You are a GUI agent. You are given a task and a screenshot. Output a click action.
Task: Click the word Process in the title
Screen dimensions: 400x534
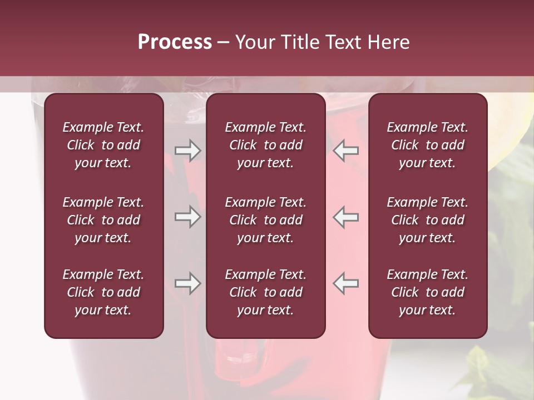[175, 42]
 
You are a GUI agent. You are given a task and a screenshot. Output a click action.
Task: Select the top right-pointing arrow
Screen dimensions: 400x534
[188, 150]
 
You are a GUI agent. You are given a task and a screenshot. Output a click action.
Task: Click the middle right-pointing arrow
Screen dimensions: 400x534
[188, 217]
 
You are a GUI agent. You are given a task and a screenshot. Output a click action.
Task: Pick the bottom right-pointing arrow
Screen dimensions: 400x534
[188, 283]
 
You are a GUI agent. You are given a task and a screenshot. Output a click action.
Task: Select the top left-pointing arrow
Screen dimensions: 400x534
[346, 150]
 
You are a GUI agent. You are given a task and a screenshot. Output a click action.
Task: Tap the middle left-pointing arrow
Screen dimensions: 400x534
[346, 217]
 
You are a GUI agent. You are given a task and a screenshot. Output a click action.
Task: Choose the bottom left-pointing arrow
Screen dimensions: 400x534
[346, 283]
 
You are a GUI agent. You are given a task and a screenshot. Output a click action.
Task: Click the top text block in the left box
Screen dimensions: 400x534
[103, 145]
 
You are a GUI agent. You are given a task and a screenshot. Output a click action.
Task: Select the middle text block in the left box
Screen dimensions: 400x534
[103, 220]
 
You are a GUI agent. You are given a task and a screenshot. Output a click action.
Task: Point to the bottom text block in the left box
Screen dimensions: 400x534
[103, 292]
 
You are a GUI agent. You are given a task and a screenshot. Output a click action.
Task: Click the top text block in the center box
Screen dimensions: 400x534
[265, 145]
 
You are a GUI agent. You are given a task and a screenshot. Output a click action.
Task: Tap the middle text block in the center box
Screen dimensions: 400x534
[265, 220]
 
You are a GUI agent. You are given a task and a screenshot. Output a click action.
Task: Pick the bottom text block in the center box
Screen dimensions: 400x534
[265, 292]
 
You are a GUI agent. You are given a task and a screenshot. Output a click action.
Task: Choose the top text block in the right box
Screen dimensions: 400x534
[427, 145]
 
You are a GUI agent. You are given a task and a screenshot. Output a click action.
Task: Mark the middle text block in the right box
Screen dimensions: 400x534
[427, 220]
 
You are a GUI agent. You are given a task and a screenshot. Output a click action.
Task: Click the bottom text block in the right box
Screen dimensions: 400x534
[427, 292]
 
